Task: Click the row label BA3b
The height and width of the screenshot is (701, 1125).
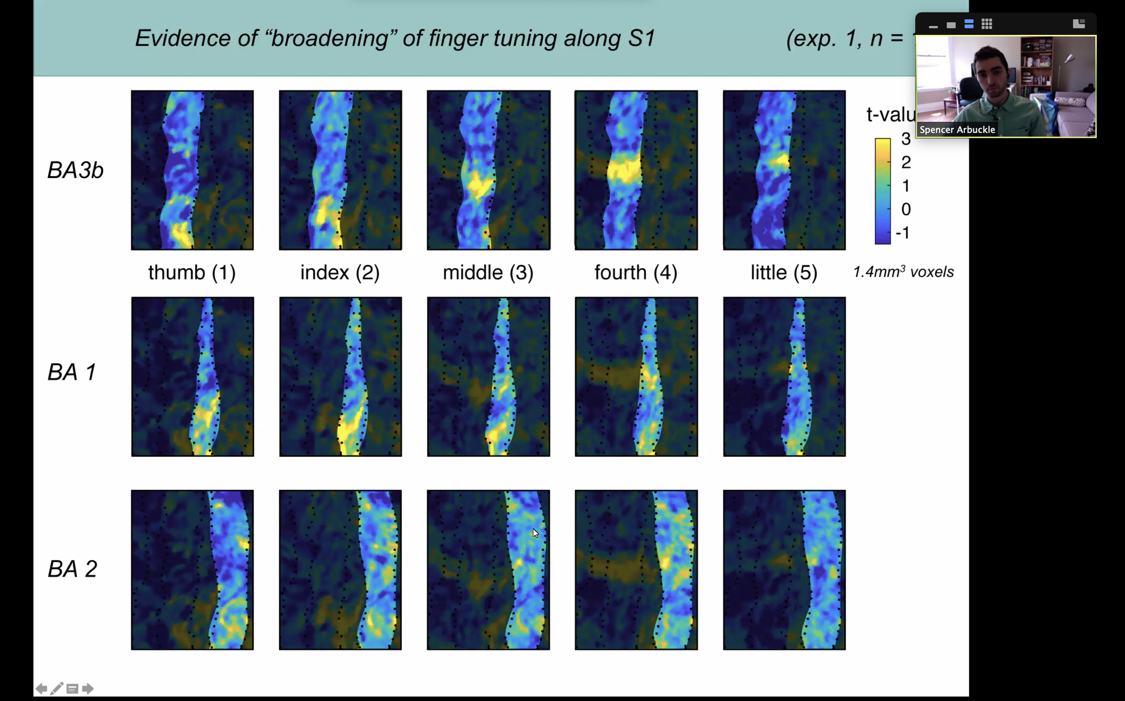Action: (75, 170)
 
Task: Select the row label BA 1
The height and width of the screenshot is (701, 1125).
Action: (72, 372)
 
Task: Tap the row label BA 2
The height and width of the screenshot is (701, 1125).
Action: (72, 569)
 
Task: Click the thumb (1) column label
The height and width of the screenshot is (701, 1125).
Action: (192, 272)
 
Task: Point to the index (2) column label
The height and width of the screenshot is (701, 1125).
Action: (340, 272)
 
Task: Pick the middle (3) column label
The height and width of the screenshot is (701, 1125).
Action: (488, 272)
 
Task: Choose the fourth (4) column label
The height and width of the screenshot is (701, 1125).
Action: (636, 272)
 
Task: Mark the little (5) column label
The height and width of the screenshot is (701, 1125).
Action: (784, 272)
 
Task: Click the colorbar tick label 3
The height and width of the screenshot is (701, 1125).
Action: (906, 138)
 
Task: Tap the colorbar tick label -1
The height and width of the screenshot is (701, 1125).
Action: (903, 233)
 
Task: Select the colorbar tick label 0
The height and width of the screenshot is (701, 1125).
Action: (906, 209)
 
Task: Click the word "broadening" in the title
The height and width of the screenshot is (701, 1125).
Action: (329, 38)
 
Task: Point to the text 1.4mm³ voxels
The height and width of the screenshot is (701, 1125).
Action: (903, 272)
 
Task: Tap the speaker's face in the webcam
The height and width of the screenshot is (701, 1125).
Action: (991, 74)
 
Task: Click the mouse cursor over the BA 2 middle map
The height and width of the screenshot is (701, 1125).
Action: (535, 533)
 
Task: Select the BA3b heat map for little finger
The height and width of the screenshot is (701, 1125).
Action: (784, 170)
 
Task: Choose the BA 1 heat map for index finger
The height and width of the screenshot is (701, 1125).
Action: (340, 376)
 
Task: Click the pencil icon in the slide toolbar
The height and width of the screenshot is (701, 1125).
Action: (56, 688)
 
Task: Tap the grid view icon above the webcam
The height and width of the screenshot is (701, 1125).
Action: (987, 24)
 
